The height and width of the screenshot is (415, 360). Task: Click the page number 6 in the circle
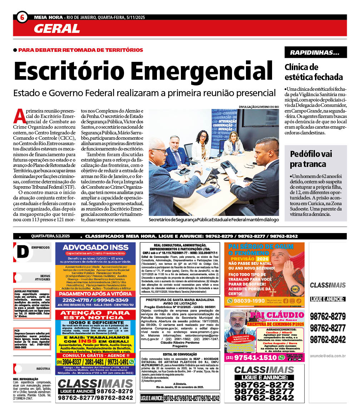coord(22,17)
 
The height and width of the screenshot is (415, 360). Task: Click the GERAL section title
coord(57,28)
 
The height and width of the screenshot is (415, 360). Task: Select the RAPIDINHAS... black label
coord(315,53)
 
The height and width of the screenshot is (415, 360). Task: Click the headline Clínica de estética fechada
coord(313,72)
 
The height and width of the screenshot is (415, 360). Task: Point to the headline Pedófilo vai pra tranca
coord(310,159)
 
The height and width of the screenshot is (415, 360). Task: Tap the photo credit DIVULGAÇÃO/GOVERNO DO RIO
coord(259,107)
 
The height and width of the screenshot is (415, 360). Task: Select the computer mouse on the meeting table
coord(211,190)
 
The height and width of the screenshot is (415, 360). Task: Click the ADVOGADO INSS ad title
coord(95,247)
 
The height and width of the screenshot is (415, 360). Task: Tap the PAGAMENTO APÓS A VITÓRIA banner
coord(95,293)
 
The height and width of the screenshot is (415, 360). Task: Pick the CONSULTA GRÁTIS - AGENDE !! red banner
coord(95,356)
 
